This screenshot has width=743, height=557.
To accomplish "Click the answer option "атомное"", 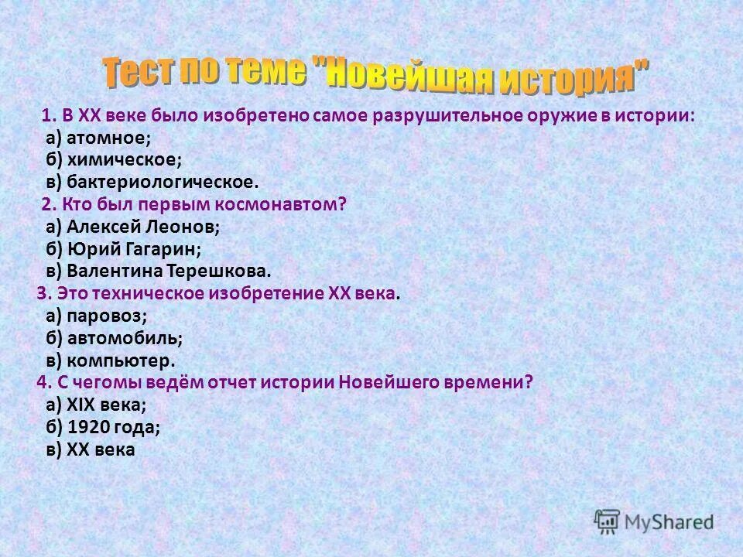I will click(106, 138).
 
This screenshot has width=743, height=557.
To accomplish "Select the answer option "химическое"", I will click(123, 161).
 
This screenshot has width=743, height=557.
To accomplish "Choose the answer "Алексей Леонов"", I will click(142, 227).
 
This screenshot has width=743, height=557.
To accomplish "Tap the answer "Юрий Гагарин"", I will click(133, 249).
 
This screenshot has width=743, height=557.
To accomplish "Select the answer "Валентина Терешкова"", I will click(169, 272).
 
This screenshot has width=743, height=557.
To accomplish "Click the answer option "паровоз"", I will click(106, 316).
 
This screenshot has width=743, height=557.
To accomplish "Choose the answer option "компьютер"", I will click(121, 360).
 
